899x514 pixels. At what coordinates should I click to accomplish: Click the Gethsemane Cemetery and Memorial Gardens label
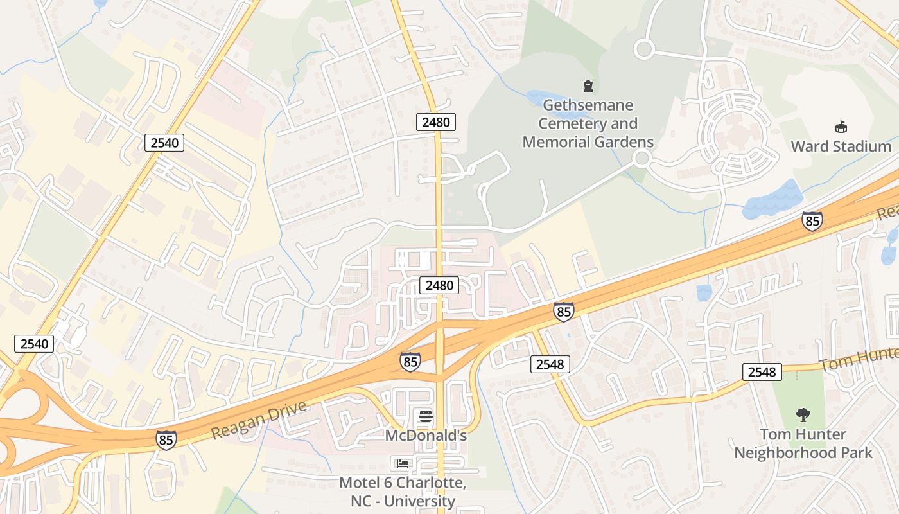588,123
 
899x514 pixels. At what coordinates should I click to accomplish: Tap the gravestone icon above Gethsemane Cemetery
588,85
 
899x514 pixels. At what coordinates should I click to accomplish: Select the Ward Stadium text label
841,146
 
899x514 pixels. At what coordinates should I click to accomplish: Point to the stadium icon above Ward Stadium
841,127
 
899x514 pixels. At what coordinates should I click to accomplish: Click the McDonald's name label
425,435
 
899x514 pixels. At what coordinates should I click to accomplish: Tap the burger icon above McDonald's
425,416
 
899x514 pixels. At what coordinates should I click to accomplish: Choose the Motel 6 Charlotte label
402,492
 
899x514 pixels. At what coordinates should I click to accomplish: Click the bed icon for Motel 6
403,463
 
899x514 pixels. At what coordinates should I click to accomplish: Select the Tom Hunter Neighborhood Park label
803,443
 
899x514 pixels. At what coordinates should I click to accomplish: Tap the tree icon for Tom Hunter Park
803,415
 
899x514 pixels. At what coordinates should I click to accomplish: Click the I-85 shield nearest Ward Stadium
812,221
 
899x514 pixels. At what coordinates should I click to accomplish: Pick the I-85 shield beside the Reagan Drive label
165,440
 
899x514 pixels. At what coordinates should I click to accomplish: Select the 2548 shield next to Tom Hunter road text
762,371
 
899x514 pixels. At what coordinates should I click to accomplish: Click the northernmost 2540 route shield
164,143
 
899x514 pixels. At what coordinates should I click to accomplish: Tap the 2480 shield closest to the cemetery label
436,121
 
